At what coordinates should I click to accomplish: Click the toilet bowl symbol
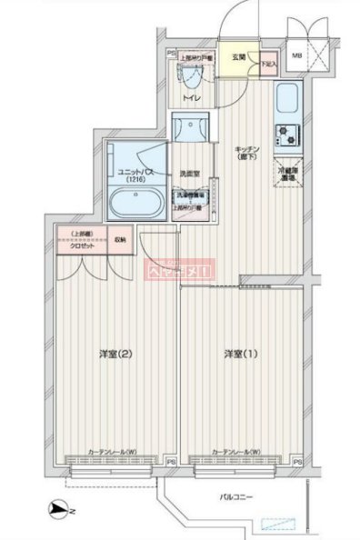(191, 76)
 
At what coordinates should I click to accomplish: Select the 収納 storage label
(121, 239)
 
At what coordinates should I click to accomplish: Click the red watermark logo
(179, 270)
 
